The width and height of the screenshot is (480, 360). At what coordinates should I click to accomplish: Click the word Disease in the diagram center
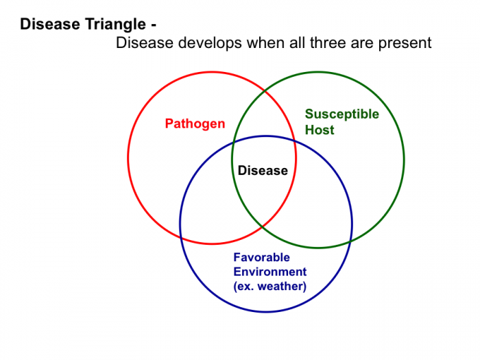(x=263, y=171)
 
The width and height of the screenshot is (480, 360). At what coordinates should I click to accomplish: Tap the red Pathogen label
(x=195, y=124)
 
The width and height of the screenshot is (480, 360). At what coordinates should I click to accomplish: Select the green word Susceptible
(x=342, y=115)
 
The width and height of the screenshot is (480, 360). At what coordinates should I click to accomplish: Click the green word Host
(x=320, y=130)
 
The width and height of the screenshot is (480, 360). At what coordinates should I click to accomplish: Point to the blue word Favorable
(x=261, y=257)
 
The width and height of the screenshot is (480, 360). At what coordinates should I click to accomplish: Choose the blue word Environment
(x=269, y=272)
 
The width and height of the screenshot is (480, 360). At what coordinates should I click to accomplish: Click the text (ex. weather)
(x=269, y=286)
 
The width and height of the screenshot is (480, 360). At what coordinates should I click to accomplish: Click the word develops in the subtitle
(x=211, y=43)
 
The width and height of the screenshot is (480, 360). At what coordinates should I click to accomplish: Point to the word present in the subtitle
(x=405, y=43)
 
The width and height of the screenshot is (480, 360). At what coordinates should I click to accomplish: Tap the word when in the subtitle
(x=266, y=43)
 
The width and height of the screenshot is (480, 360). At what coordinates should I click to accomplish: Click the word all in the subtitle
(x=298, y=43)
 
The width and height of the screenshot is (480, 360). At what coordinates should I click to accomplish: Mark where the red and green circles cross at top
(x=265, y=91)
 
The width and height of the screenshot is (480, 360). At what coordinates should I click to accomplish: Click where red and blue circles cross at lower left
(x=181, y=237)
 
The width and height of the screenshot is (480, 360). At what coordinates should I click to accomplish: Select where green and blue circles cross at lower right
(x=350, y=242)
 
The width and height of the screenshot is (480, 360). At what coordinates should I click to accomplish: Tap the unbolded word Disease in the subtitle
(x=145, y=43)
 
